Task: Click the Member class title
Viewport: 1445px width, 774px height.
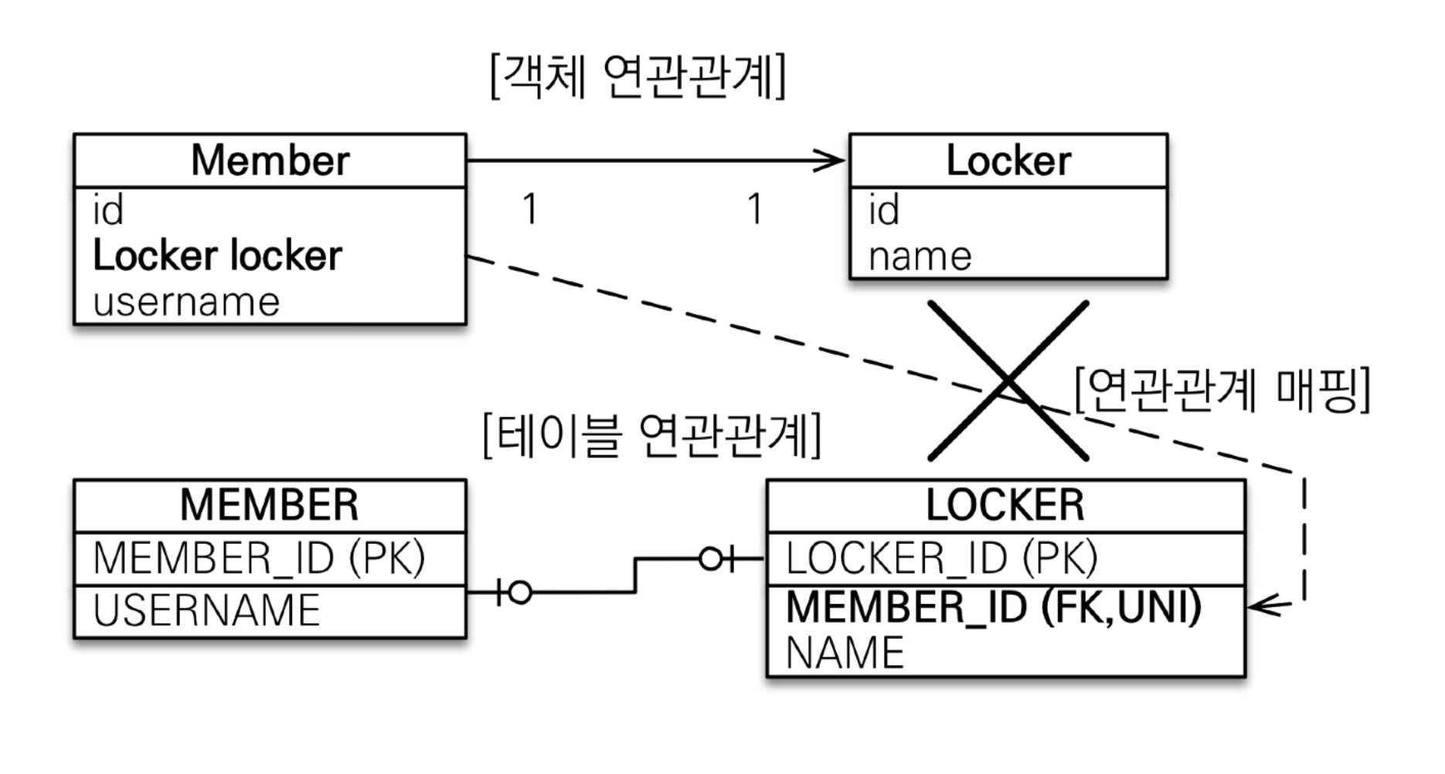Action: click(x=270, y=161)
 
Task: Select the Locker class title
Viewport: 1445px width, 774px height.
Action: click(x=1008, y=161)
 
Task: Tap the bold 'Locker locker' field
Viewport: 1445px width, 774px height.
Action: click(x=217, y=256)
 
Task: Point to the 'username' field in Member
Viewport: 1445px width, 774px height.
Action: click(x=186, y=301)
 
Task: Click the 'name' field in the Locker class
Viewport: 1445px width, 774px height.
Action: click(x=920, y=256)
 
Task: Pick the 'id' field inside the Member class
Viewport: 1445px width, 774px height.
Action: click(x=108, y=210)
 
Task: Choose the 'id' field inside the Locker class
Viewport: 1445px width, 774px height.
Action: click(x=884, y=210)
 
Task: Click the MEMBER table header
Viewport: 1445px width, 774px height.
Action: click(x=270, y=505)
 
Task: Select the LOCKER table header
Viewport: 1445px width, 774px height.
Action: click(x=1005, y=505)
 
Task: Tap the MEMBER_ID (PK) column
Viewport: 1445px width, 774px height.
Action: click(x=259, y=558)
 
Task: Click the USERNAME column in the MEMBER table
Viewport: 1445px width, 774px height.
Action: click(x=206, y=610)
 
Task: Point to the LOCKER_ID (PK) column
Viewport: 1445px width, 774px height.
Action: click(x=941, y=558)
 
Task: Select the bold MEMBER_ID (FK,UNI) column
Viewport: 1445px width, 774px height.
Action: click(x=994, y=606)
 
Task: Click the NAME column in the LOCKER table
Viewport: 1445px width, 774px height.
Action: click(x=845, y=653)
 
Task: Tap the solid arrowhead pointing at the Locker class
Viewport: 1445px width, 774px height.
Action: click(x=833, y=161)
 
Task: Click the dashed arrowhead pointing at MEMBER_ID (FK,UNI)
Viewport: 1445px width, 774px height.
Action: click(x=1261, y=606)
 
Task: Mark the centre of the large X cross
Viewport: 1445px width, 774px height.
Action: click(x=1008, y=381)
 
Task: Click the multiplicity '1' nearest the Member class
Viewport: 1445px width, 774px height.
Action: click(x=530, y=209)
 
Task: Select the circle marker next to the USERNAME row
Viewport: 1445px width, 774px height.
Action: click(x=521, y=592)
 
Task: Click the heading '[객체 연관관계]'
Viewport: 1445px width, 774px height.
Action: click(x=638, y=76)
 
